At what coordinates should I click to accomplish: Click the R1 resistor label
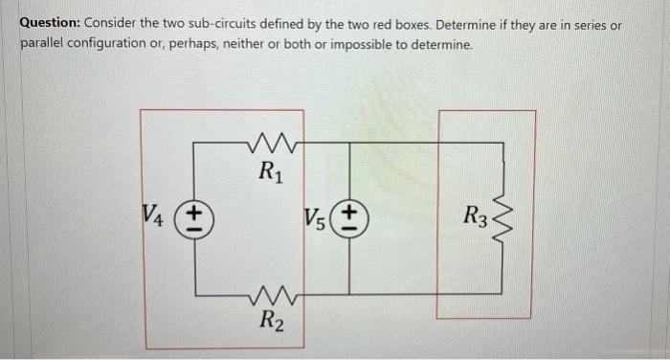(x=271, y=172)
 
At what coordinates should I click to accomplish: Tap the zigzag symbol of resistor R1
(x=271, y=146)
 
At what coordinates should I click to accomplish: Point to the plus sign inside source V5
(x=350, y=210)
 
